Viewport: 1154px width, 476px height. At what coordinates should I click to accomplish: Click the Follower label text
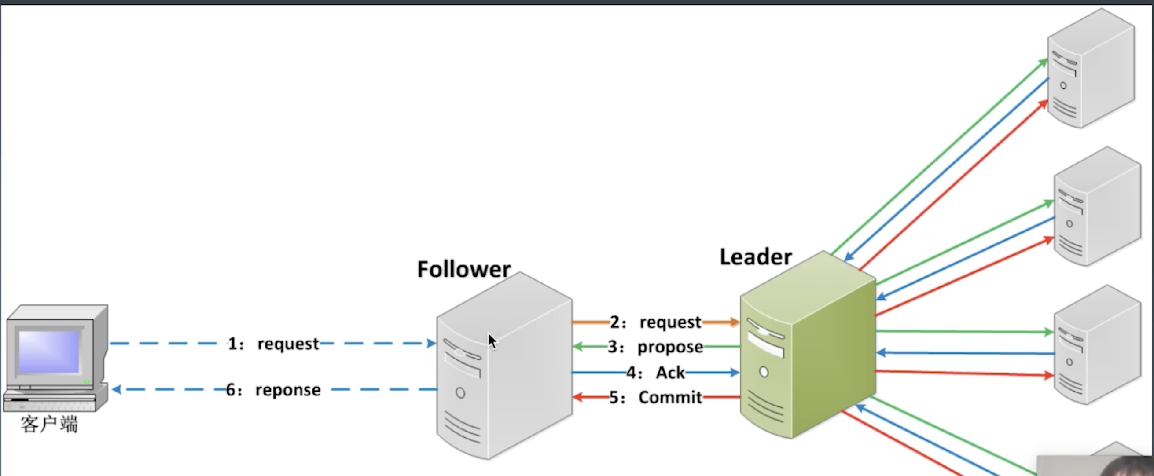(x=463, y=269)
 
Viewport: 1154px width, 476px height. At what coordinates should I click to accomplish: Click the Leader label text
(x=756, y=256)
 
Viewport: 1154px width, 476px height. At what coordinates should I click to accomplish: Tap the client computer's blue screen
(x=49, y=352)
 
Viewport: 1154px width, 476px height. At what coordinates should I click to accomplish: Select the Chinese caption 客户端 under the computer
(x=49, y=424)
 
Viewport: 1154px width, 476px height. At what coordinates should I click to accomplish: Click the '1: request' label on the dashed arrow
(x=274, y=344)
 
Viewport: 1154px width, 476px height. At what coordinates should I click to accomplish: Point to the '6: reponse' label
(x=273, y=390)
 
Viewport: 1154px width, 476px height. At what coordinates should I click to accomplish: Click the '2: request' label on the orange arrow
(x=655, y=322)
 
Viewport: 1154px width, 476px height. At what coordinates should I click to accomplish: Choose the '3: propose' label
(x=655, y=347)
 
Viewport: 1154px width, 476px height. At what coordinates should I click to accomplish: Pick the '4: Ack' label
(x=655, y=373)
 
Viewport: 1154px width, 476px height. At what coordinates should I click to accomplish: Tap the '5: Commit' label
(x=655, y=398)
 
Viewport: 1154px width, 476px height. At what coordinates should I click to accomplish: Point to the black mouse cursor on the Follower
(x=492, y=341)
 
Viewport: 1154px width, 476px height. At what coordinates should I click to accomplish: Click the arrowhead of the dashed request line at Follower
(x=432, y=344)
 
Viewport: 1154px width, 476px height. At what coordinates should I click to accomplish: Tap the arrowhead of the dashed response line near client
(x=116, y=390)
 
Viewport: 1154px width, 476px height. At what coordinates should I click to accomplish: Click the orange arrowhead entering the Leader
(x=735, y=322)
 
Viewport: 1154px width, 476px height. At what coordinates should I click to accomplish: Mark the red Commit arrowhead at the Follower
(x=577, y=397)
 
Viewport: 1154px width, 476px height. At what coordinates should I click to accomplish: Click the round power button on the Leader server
(x=764, y=372)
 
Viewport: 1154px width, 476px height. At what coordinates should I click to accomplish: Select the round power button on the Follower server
(x=460, y=393)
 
